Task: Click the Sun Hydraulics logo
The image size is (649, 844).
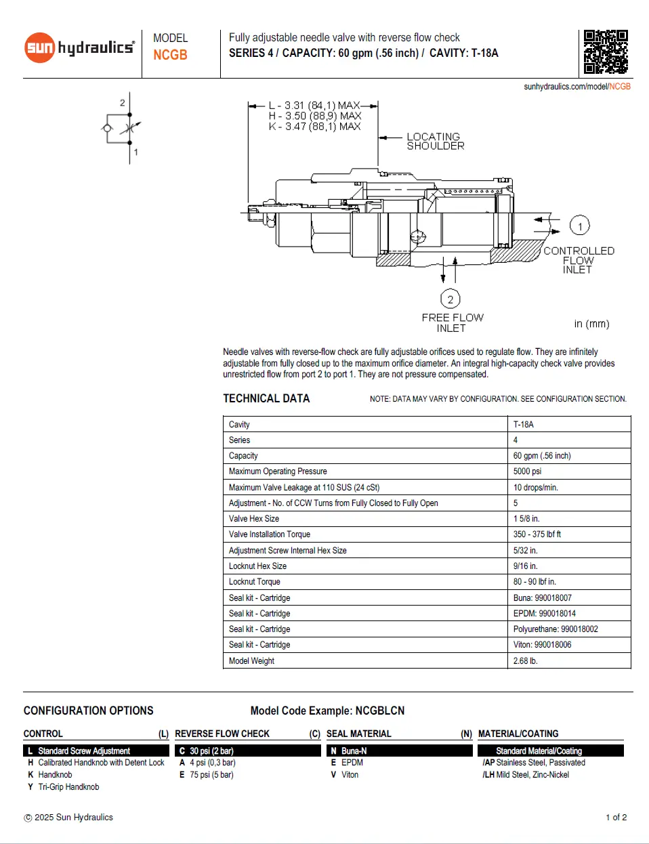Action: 79,47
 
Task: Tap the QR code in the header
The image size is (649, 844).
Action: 606,51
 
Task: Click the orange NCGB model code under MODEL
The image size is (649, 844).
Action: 170,55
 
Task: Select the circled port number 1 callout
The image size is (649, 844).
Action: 579,226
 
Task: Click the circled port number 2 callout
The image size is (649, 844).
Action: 451,299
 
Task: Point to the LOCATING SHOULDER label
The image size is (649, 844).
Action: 435,141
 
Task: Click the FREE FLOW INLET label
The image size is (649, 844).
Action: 452,322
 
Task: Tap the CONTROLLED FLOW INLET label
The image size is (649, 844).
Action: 578,260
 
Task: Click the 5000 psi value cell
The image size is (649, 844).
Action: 527,471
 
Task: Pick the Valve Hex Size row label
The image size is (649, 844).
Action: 254,519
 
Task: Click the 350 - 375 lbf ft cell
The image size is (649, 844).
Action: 537,534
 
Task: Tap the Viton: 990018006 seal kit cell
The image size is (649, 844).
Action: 542,645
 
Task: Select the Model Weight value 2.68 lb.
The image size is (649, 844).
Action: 525,661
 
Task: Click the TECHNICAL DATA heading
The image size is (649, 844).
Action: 266,398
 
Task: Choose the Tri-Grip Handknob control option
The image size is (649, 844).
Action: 68,787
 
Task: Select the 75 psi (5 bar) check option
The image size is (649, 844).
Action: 211,775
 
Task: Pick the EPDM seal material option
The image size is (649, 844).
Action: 352,763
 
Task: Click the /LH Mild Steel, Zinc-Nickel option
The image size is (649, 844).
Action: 526,775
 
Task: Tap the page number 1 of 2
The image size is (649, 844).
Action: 616,818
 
